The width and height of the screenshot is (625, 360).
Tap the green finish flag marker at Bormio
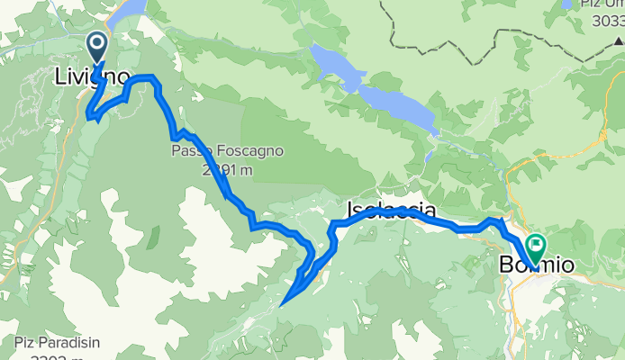point(537,244)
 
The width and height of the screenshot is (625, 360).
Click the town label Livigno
point(92,77)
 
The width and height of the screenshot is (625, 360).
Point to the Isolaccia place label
point(393,211)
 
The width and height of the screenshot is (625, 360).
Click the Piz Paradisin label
point(54,342)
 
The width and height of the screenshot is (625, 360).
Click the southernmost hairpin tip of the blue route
point(283,305)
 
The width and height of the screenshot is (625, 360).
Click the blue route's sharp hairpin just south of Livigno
point(88,115)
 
